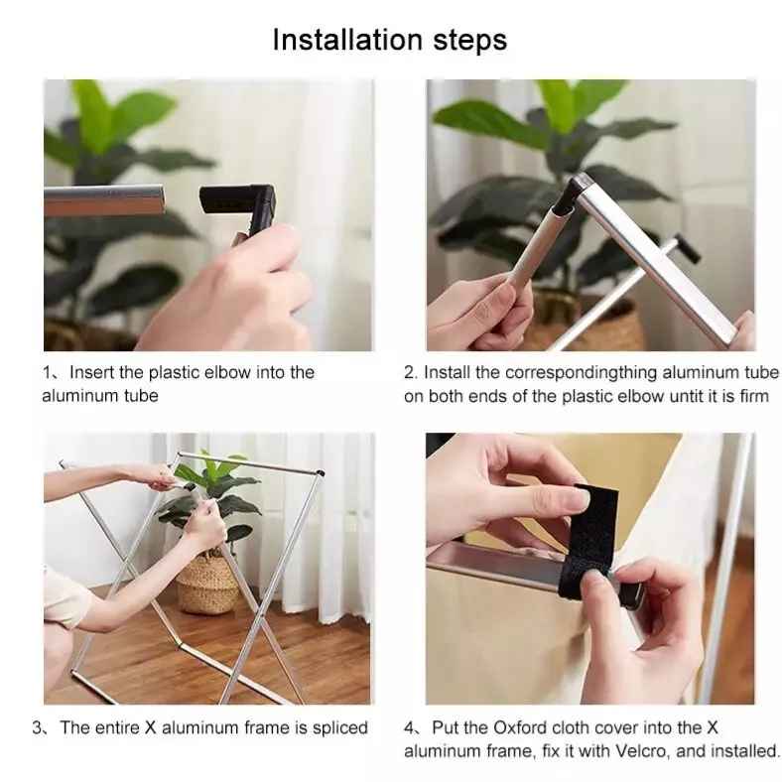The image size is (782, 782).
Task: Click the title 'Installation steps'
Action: tap(389, 40)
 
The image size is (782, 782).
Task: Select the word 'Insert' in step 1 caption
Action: tap(92, 372)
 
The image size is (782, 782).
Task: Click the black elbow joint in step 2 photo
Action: tap(568, 196)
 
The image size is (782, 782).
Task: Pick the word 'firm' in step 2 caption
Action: tap(754, 397)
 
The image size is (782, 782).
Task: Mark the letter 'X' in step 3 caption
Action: tap(150, 727)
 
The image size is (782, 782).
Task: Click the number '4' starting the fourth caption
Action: tap(409, 728)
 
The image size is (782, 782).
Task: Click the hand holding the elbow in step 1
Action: tap(229, 289)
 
